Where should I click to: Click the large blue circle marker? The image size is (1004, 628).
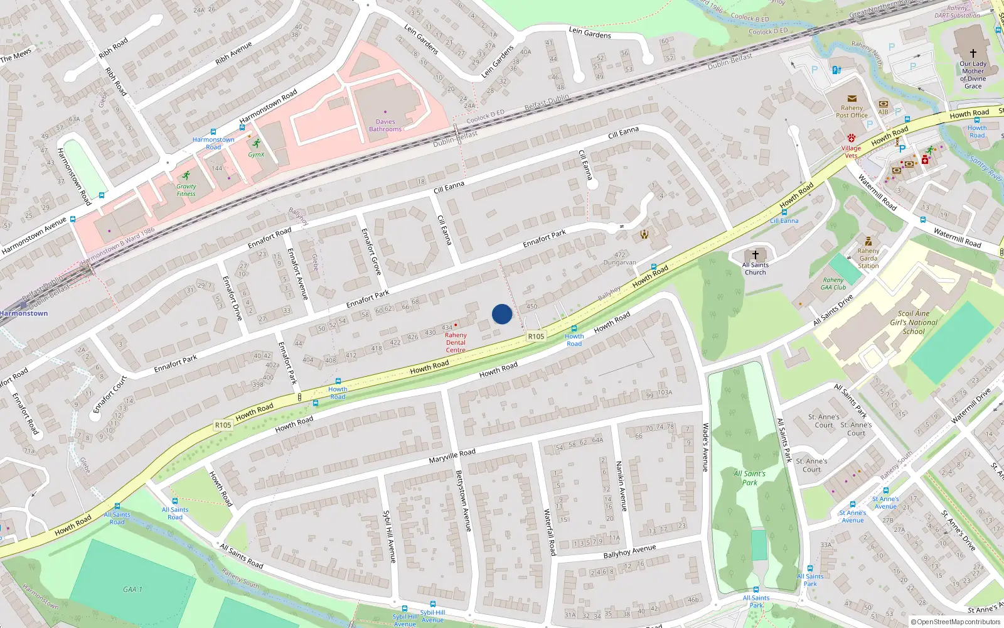[502, 314]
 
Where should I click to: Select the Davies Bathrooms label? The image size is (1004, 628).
[385, 126]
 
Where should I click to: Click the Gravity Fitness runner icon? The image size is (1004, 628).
[186, 176]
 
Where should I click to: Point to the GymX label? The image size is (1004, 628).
[256, 154]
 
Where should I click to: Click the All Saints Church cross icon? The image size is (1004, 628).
[756, 254]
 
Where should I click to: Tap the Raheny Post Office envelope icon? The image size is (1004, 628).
[852, 99]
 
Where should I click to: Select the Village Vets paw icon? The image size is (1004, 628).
[852, 138]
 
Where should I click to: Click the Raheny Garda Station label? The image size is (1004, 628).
[868, 258]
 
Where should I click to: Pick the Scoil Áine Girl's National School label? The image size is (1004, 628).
[914, 322]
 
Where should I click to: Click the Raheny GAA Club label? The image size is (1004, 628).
[833, 284]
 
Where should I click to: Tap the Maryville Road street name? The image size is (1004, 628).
[452, 456]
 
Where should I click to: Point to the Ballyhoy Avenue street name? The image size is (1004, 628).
[629, 551]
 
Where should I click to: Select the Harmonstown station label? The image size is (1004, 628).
[24, 313]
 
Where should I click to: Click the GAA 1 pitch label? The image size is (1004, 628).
[132, 589]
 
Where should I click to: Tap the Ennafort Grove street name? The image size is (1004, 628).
[371, 251]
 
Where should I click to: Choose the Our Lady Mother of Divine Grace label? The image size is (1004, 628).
[973, 75]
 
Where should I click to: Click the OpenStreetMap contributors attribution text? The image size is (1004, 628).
[956, 622]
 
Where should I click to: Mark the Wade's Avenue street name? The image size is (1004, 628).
[705, 447]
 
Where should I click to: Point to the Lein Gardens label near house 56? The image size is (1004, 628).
[590, 33]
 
